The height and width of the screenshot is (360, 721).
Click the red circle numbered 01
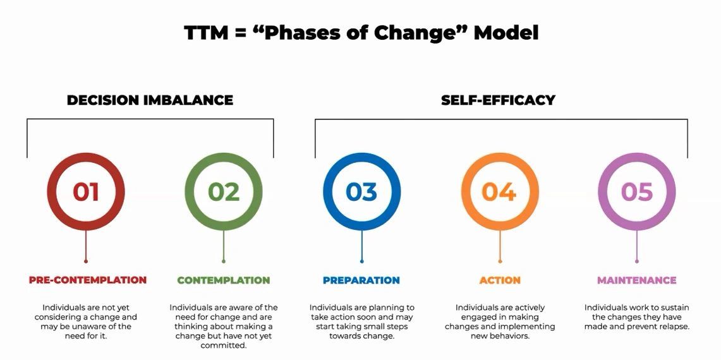(86, 191)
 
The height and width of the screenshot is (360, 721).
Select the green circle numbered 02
(224, 191)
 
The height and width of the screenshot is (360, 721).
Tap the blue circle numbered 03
(361, 191)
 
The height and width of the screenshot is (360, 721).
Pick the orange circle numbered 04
(499, 191)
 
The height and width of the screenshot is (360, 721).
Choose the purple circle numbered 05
(637, 191)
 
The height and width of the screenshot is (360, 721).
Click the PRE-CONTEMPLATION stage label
(87, 280)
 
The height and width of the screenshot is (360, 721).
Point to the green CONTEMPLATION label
(224, 280)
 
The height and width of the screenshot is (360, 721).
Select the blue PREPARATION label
(361, 280)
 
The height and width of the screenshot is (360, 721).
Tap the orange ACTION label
(500, 280)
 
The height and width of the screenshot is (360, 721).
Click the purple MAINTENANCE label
(637, 280)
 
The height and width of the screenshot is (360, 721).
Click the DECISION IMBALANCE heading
(150, 100)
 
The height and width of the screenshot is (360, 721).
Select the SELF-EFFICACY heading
(498, 100)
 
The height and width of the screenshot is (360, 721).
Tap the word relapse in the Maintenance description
(674, 327)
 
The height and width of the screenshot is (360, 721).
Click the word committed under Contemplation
(224, 345)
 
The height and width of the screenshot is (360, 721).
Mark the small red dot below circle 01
(86, 261)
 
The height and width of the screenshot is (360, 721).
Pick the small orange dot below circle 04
(500, 261)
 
